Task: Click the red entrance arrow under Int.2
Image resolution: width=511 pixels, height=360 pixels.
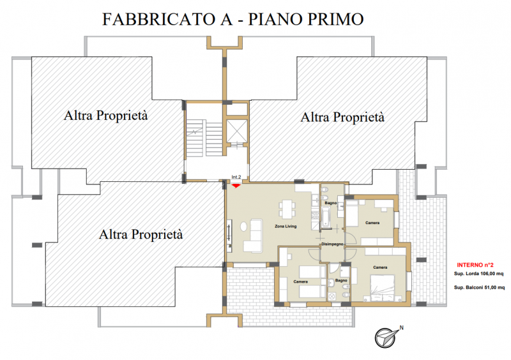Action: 236,186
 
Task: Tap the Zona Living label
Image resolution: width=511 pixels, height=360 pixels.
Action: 286,226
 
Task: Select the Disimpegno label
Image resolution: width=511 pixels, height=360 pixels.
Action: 332,244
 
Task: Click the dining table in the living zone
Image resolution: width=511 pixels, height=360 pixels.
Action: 287,209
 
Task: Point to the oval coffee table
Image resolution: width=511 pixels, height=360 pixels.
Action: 244,227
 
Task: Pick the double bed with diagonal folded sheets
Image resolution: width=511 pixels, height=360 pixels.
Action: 382,288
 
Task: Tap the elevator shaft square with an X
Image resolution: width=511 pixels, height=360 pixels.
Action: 237,131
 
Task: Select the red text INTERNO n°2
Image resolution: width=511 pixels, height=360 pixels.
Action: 475,265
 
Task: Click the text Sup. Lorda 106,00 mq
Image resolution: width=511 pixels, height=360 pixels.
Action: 478,274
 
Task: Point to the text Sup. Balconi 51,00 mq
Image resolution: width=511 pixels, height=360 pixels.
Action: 479,287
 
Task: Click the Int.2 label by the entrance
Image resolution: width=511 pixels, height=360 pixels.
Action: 236,177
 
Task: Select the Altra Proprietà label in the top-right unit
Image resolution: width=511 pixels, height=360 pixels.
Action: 342,117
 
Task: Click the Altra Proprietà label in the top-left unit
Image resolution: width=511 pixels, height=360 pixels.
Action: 105,116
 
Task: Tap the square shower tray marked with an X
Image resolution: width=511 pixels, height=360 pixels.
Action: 332,296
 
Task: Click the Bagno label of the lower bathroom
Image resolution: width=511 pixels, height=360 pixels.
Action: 341,280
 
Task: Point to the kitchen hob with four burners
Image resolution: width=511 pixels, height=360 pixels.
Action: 315,214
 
